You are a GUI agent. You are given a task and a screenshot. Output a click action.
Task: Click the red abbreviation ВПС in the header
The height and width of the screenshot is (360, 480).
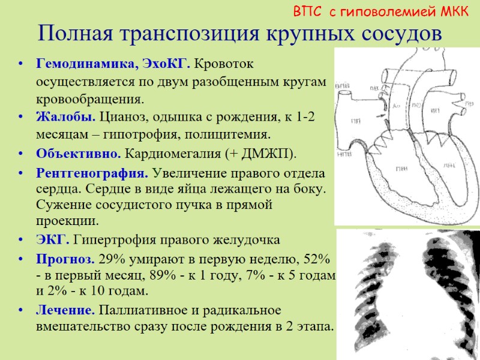pos(307,11)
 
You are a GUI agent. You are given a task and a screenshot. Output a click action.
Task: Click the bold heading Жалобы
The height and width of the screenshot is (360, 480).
pos(65,116)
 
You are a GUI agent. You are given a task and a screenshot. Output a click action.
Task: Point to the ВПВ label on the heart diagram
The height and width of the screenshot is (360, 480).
pos(343,86)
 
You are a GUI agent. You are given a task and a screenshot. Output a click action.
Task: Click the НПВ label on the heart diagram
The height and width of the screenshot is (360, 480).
pos(344,153)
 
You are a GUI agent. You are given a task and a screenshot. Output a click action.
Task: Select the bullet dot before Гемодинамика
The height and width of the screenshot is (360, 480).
pos(21,62)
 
